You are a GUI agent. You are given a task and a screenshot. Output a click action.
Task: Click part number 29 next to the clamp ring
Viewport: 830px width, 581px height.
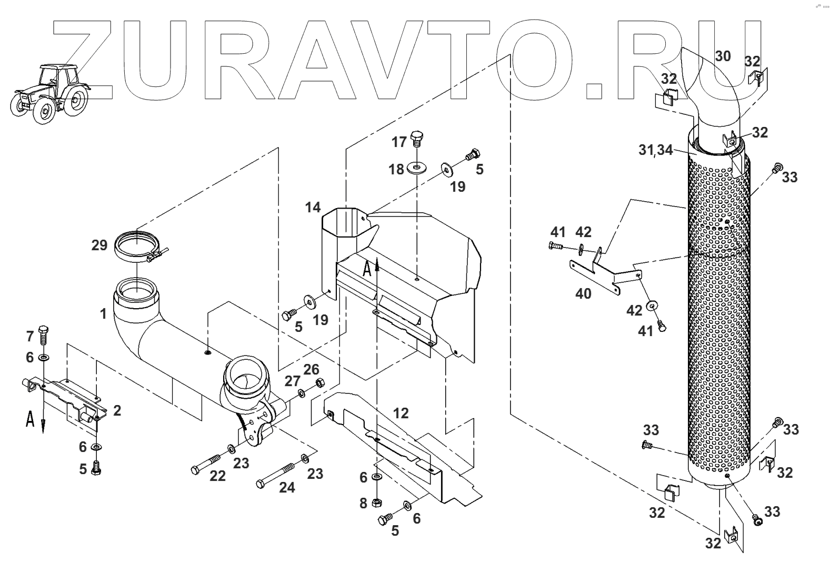point(99,245)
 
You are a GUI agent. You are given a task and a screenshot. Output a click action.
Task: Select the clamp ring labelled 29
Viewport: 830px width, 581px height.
point(138,248)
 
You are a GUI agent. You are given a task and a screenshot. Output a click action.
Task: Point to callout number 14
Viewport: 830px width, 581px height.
point(313,208)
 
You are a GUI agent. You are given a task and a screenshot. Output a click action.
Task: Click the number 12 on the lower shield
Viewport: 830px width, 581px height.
point(401,413)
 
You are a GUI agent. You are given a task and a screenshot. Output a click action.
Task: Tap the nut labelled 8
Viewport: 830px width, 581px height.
point(377,502)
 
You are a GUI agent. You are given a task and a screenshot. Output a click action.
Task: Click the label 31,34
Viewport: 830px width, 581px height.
point(655,150)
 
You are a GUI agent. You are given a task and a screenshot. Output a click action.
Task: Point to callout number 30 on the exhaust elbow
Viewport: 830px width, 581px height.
point(723,56)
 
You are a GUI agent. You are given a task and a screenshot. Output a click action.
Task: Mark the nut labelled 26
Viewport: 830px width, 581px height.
point(318,383)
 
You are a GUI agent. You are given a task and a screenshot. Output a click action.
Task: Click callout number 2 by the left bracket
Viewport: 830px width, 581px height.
point(117,410)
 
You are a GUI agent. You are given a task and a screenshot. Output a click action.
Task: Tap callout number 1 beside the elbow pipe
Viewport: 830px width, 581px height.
point(103,314)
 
